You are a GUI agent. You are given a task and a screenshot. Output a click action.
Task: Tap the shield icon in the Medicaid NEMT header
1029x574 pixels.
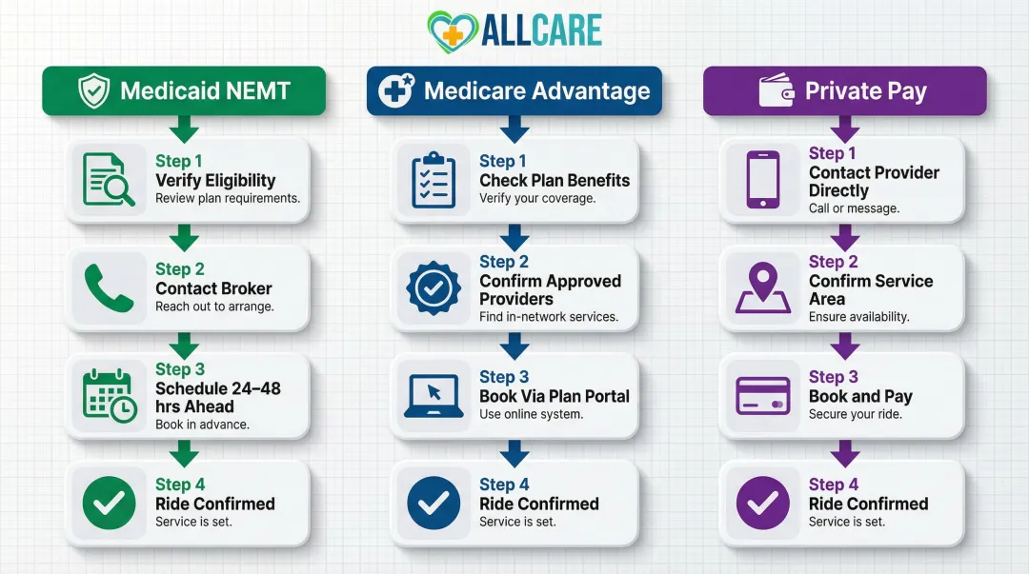pos(92,91)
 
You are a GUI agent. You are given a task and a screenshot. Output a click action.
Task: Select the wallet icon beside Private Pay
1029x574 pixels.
pos(776,91)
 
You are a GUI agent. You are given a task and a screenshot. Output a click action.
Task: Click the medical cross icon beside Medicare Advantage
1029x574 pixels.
pos(394,91)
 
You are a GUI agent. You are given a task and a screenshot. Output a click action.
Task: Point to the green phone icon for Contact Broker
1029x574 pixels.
pos(109,288)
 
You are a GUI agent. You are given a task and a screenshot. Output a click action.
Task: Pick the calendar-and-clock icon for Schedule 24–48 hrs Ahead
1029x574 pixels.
pos(109,396)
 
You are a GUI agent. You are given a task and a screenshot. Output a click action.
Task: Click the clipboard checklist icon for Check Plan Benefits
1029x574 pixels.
pos(434,180)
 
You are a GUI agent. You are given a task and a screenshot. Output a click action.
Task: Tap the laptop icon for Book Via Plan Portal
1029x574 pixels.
pos(434,396)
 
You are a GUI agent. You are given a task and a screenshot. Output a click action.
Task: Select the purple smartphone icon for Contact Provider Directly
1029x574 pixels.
pos(762,180)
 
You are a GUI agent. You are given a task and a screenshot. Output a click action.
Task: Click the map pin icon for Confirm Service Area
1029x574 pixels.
pos(762,288)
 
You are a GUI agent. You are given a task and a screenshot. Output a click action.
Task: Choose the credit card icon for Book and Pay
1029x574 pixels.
pos(762,396)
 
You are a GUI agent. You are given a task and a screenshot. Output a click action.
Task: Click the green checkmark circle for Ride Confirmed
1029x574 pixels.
pos(109,504)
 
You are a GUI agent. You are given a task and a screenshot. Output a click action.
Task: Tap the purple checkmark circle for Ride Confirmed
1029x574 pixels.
pos(762,504)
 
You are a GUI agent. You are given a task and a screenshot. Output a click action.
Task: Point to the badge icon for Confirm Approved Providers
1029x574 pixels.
pos(434,288)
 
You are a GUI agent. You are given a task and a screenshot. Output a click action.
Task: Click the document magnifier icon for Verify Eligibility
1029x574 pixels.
pos(109,180)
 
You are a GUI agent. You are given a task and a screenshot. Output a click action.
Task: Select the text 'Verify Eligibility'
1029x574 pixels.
pos(215,180)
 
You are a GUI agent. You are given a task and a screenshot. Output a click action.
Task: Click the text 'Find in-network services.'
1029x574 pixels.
pos(548,317)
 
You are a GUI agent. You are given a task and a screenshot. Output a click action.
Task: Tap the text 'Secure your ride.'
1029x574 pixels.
pos(855,414)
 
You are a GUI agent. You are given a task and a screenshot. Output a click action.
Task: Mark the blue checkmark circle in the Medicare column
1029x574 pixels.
pos(434,504)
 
